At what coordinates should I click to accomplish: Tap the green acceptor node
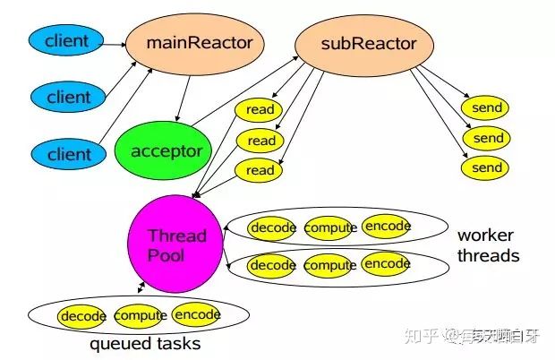[166, 151]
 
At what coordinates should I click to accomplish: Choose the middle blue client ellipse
[68, 95]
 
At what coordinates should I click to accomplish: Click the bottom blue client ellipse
[68, 153]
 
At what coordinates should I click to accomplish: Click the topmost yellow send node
[487, 108]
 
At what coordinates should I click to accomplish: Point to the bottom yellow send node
[487, 167]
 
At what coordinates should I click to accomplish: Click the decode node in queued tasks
[83, 316]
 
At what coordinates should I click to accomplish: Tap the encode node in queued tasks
[197, 315]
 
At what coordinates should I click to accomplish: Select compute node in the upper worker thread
[330, 228]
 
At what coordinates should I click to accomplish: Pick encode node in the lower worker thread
[387, 264]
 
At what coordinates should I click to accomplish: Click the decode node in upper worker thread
[273, 228]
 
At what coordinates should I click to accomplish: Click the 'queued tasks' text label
[145, 343]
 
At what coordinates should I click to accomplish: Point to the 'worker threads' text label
[488, 245]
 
